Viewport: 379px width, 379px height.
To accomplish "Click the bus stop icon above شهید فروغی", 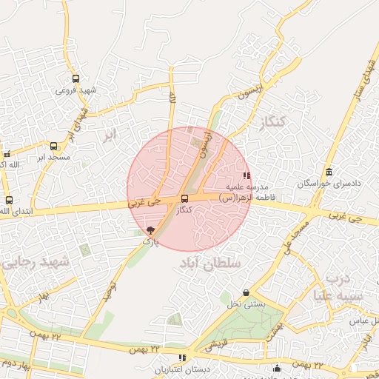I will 76,78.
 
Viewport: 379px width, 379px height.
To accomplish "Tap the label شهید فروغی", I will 76,90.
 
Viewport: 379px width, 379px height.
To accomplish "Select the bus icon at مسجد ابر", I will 53,146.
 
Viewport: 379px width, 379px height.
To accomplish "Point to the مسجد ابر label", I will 53,158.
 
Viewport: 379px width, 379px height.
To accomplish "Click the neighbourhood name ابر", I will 110,135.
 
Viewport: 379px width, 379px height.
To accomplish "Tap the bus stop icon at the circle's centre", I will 184,198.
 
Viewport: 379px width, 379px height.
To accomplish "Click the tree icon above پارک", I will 151,230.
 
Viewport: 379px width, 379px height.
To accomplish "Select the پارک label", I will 150,241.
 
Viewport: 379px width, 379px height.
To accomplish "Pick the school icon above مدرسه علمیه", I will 246,175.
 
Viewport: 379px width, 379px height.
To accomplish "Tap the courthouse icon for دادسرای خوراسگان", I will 329,172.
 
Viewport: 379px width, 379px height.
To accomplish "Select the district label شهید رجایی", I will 35,263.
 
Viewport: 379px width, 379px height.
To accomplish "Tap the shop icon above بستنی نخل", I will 246,293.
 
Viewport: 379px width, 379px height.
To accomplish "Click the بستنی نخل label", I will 245,304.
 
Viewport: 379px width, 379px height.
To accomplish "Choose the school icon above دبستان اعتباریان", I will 182,358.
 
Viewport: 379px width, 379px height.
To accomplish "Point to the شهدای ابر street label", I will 76,124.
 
